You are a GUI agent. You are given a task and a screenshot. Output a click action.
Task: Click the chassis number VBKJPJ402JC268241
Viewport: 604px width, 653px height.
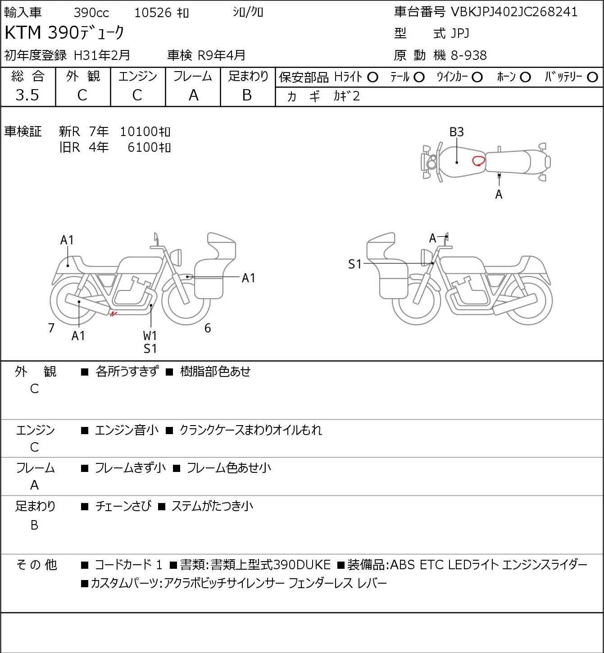[514, 12]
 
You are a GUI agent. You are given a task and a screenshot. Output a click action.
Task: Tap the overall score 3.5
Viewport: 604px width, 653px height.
[27, 95]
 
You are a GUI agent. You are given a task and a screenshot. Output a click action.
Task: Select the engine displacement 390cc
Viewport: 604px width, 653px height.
[91, 13]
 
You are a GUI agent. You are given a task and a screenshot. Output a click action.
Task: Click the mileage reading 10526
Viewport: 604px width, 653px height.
[153, 13]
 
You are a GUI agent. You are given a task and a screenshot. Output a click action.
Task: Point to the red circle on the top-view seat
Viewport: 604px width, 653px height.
[478, 161]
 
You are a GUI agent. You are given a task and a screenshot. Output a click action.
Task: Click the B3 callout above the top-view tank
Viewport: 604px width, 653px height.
[457, 132]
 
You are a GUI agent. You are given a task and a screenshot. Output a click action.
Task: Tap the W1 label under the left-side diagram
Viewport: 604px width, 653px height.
[150, 336]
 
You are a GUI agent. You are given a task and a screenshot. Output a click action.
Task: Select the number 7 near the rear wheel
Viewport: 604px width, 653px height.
[51, 328]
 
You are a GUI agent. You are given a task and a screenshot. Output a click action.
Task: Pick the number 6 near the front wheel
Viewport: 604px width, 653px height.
[208, 328]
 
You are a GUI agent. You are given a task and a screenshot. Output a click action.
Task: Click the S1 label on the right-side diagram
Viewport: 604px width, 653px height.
[355, 264]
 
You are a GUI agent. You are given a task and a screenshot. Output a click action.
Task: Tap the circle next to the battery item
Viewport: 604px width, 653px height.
[592, 77]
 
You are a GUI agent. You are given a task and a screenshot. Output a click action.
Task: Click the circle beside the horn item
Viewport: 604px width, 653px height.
[525, 77]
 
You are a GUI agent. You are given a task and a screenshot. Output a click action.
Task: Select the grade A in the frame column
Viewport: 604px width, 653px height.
[193, 95]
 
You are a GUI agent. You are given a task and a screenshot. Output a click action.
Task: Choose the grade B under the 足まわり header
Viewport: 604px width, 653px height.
[247, 95]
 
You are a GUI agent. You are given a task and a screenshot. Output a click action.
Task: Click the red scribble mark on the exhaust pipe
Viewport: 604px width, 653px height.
[113, 314]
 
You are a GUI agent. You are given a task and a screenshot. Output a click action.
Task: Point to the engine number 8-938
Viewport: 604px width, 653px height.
[468, 55]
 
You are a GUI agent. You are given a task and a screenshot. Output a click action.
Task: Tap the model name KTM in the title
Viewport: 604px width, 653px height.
[23, 32]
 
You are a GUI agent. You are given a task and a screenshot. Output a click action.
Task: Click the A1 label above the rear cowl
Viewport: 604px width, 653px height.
[67, 240]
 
